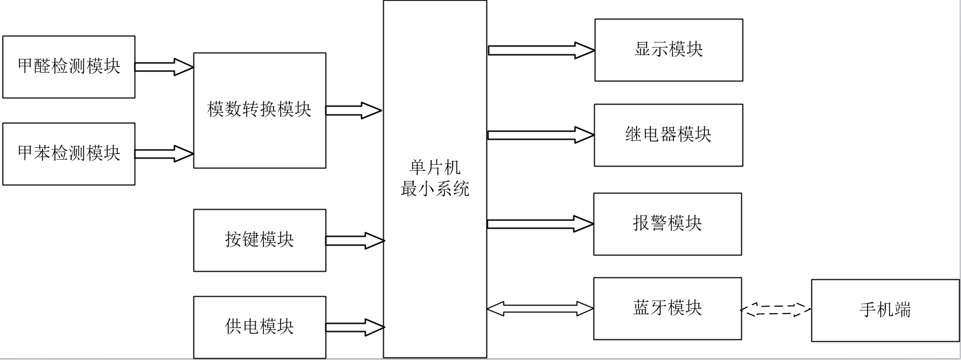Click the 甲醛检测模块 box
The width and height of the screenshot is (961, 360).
point(69,67)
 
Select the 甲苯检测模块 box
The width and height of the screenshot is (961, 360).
point(69,154)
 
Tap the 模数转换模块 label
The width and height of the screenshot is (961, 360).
point(259,110)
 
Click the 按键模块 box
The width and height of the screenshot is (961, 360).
point(260,240)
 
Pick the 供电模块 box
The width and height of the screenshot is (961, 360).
point(260,327)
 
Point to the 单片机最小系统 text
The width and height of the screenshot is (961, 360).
point(435,178)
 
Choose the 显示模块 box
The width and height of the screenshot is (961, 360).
point(669,49)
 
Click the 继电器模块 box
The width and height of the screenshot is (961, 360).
point(669,135)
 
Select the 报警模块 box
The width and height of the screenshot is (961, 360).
point(667,224)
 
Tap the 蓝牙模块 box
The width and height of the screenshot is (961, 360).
point(667,309)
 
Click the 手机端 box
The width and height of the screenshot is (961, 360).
point(885,311)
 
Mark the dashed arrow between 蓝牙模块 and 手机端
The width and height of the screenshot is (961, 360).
point(776,309)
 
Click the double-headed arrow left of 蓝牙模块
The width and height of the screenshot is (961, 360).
point(540,309)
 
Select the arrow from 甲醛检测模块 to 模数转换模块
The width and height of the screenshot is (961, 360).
point(164,67)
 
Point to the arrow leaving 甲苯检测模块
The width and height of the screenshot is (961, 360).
point(164,153)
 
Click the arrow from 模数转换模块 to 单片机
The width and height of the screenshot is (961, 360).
point(354,110)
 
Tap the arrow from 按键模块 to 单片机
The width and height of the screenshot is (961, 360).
point(355,240)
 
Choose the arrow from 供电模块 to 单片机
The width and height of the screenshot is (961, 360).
point(355,327)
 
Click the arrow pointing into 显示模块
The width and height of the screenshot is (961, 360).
point(542,50)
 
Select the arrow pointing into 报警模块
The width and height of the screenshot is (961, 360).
point(540,224)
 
